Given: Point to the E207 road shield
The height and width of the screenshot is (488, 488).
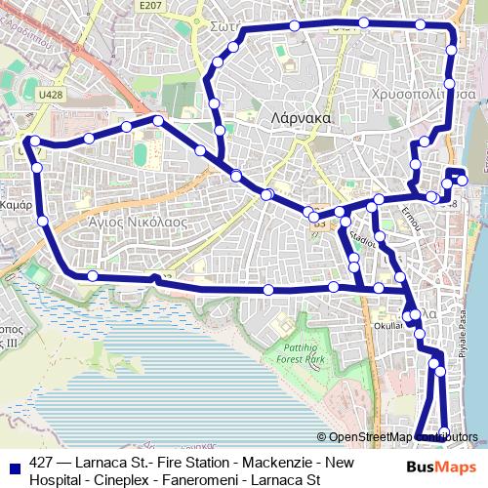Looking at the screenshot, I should click(x=149, y=6).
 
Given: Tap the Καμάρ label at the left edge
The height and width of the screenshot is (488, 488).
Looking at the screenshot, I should click(x=17, y=206).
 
